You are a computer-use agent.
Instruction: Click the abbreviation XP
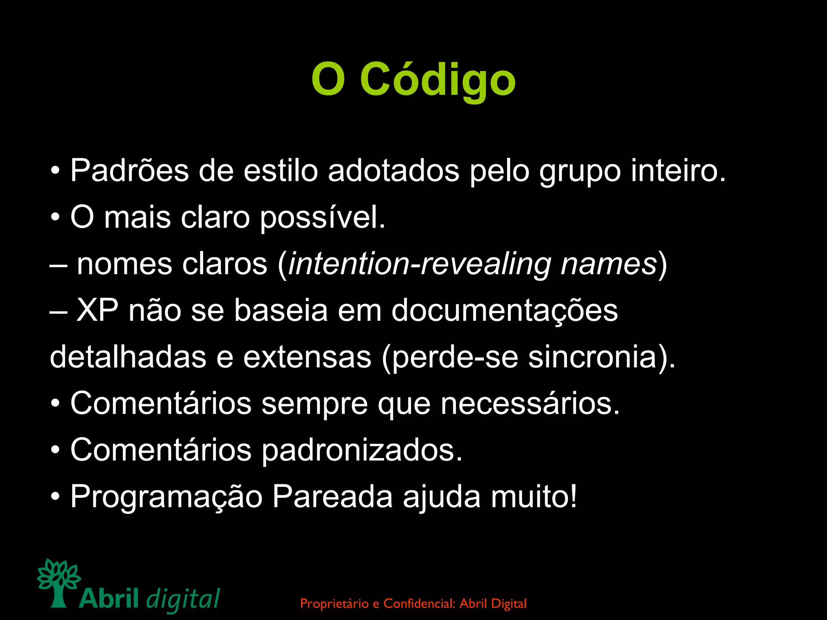coord(97,311)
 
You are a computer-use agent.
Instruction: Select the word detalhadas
coord(128,357)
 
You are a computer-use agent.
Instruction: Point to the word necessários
coord(530,404)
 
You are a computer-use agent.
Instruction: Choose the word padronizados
coord(362,450)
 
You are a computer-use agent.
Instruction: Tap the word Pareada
coord(332,497)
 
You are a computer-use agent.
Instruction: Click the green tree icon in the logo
coord(59,582)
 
